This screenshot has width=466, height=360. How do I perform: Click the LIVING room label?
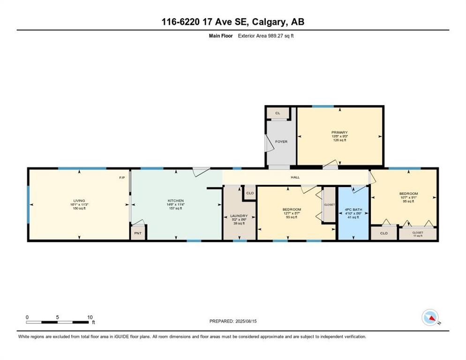(79, 201)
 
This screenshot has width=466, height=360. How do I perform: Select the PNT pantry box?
(138, 233)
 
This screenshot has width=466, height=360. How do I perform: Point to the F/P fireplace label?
(122, 178)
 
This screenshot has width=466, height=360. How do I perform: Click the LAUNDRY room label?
(239, 216)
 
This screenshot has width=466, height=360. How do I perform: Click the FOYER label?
(281, 142)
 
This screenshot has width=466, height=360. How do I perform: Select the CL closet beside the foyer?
(277, 113)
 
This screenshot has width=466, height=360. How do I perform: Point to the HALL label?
(295, 177)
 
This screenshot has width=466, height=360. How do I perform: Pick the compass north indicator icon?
(430, 318)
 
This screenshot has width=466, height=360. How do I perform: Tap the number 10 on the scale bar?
(90, 317)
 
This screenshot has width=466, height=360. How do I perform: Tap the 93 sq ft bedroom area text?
(291, 217)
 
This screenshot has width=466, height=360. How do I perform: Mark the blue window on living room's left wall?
(28, 204)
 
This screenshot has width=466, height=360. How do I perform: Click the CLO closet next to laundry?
(250, 193)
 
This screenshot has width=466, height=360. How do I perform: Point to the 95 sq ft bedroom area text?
(408, 202)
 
